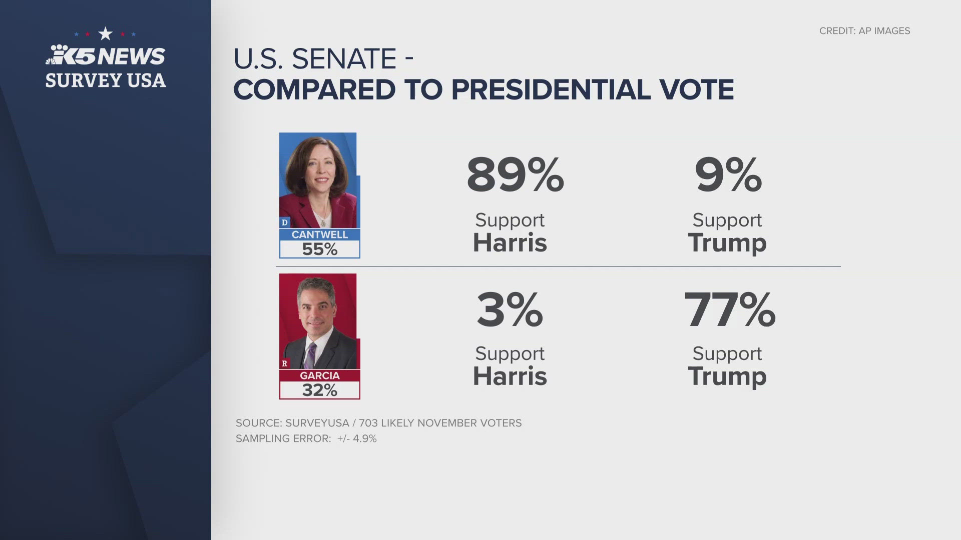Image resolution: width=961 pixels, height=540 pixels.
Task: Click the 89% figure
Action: click(515, 175)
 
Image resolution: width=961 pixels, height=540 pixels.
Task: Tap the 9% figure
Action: click(728, 175)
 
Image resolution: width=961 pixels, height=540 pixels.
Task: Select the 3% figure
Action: click(510, 310)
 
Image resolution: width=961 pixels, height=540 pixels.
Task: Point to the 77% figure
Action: click(729, 310)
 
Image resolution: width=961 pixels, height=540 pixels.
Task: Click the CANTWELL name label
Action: click(319, 234)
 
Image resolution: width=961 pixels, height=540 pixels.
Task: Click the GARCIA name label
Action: click(319, 375)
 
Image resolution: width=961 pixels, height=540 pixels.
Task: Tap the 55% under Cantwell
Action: click(319, 249)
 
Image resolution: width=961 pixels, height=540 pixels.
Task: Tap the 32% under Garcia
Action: click(319, 390)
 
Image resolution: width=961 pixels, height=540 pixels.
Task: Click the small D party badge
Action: click(284, 222)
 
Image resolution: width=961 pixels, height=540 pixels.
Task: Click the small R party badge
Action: click(284, 363)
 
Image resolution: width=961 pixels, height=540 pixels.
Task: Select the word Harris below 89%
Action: click(510, 243)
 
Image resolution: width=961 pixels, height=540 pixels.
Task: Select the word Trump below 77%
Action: click(727, 376)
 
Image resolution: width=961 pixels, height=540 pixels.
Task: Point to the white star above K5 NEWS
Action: click(105, 34)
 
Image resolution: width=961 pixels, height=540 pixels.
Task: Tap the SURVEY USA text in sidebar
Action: click(105, 80)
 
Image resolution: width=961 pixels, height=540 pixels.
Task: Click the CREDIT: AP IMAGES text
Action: click(864, 31)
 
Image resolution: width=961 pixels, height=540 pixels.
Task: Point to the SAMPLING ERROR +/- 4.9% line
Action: click(306, 438)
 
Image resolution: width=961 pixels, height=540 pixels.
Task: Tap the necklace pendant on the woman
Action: click(323, 221)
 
